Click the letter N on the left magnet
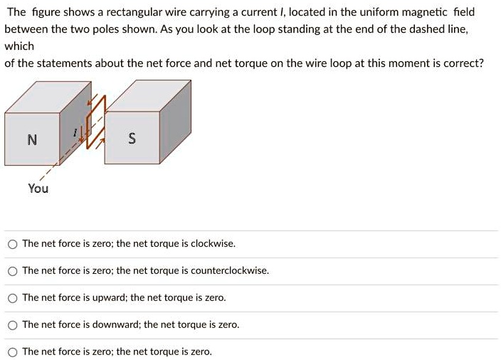point(31,139)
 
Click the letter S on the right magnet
point(132,139)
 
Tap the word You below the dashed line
point(38,189)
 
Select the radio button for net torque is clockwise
point(12,244)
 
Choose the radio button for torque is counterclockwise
point(12,271)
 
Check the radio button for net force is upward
point(12,298)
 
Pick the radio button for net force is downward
point(12,325)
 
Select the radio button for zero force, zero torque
point(12,352)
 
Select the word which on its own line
point(19,46)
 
